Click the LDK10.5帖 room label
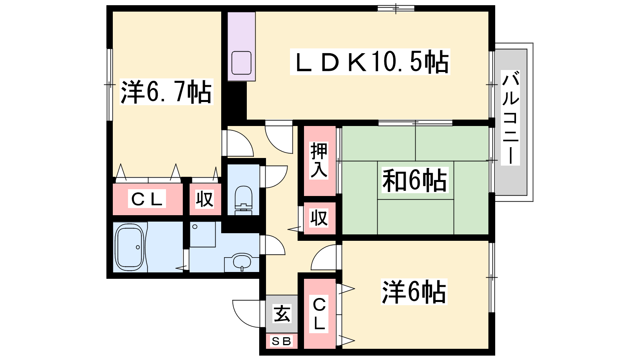(x=370, y=62)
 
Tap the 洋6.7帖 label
(x=166, y=92)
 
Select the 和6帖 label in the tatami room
(x=414, y=180)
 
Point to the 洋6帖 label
(x=414, y=292)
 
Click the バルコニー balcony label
(x=510, y=118)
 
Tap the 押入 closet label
(x=319, y=160)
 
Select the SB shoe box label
(x=282, y=341)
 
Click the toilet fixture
(x=244, y=200)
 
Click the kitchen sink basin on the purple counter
(x=242, y=63)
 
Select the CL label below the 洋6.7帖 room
(x=147, y=199)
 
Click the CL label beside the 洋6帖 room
(x=319, y=314)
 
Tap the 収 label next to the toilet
(x=205, y=199)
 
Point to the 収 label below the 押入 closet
(x=319, y=218)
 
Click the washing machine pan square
(x=202, y=234)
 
